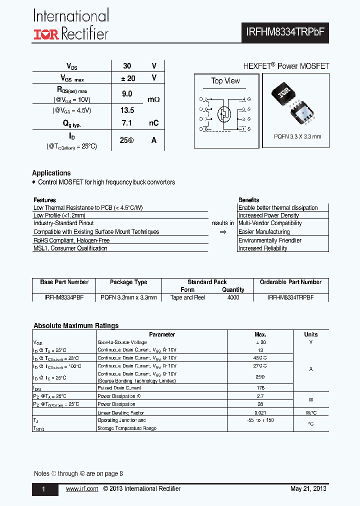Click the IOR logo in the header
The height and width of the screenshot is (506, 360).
(46, 34)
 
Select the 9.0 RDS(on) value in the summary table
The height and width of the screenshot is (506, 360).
(127, 93)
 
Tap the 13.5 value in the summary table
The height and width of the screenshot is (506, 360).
(127, 110)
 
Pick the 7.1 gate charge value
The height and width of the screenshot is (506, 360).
(127, 123)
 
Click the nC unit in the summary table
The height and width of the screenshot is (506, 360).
(153, 123)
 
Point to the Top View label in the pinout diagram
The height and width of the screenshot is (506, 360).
(225, 81)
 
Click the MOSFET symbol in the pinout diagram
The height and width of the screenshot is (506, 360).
(224, 114)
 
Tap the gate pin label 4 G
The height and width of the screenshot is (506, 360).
(246, 99)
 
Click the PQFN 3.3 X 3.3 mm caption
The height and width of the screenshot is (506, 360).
(297, 136)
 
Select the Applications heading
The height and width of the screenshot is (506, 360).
(51, 173)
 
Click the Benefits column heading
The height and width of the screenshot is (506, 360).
(248, 200)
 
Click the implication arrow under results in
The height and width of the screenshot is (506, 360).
(222, 232)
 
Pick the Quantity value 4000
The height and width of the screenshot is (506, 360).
(233, 297)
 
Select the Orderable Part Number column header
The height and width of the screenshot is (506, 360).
(290, 282)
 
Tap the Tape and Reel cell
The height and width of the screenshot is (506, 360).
(187, 297)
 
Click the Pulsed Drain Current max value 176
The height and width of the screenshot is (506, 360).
(260, 388)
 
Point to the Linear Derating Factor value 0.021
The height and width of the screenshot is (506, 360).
(260, 412)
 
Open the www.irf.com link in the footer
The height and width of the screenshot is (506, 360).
(82, 489)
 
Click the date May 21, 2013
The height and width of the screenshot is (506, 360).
(308, 489)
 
